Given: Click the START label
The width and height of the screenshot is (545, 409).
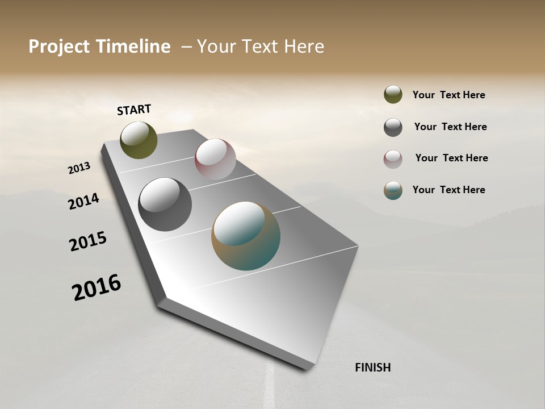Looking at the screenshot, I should (134, 110).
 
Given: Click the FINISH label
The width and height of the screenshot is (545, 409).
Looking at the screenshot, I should (372, 368).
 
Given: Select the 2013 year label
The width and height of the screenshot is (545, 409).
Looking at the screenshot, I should (79, 168).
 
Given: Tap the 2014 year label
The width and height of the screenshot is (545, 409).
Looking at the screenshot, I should (83, 202).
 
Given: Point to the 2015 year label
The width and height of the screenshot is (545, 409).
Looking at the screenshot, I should (88, 241).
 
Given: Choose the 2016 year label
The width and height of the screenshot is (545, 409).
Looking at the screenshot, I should (97, 287).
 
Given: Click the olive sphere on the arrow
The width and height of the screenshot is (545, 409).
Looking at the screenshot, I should (139, 140).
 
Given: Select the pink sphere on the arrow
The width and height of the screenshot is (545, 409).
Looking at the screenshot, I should (215, 159).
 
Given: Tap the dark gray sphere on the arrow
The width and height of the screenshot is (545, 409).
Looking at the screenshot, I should (165, 204).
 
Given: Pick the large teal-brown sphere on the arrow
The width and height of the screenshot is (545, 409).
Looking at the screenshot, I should (246, 236).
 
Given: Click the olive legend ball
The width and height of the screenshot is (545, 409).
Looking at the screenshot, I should (393, 95).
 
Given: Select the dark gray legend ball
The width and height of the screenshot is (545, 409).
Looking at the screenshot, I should (393, 127).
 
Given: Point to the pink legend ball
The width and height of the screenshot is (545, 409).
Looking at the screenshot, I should (393, 159).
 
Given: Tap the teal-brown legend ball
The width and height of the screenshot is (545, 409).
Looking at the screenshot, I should (393, 190).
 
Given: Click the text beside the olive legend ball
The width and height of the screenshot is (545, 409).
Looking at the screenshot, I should (448, 95).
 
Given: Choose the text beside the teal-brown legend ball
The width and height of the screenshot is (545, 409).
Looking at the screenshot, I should (448, 190).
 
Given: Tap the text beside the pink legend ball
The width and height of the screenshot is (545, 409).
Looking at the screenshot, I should (451, 158).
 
